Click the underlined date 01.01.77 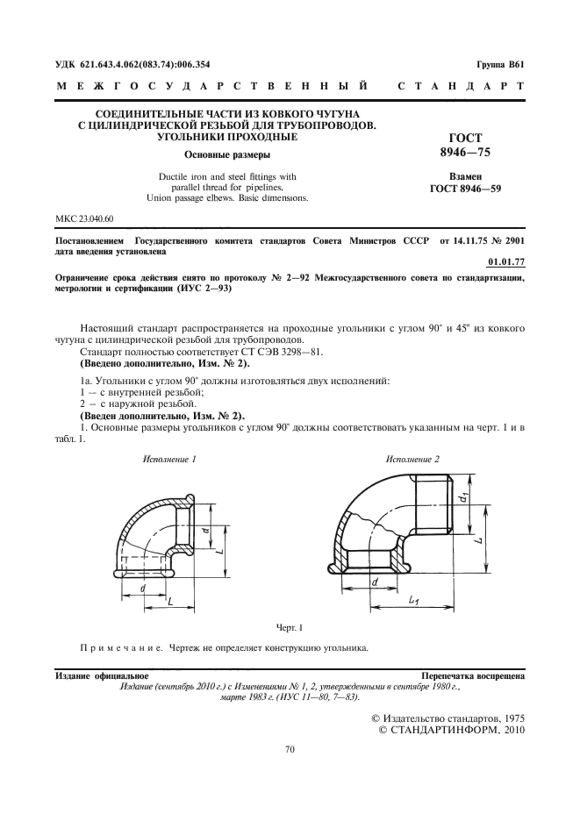tap(505, 261)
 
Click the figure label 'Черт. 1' tap(290, 627)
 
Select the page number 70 tap(290, 749)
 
